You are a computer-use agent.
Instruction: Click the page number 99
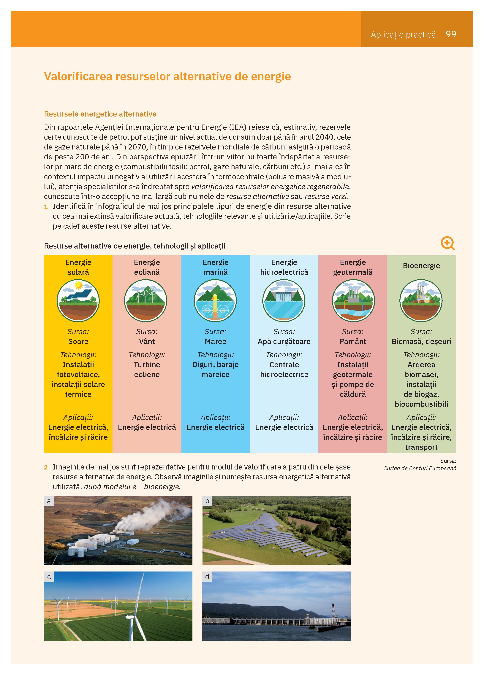coord(451,34)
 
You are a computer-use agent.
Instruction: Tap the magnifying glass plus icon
coord(447,243)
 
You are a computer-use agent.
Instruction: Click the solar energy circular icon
coord(78,301)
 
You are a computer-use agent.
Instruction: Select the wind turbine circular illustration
coord(146,301)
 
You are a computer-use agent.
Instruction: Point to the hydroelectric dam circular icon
coord(284,301)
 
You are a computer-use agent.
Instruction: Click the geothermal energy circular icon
coord(353,301)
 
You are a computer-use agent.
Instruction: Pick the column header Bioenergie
coord(421,266)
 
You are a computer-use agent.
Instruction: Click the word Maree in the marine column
coord(215,341)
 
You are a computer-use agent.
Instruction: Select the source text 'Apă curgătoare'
coord(284,341)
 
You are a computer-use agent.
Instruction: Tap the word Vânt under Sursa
coord(147,341)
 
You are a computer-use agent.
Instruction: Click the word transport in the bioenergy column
coord(421,447)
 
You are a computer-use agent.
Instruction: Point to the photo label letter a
coord(49,501)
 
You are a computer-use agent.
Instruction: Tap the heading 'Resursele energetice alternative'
coord(100,114)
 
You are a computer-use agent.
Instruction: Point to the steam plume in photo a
coord(155,515)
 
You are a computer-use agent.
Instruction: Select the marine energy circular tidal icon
coord(215,301)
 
